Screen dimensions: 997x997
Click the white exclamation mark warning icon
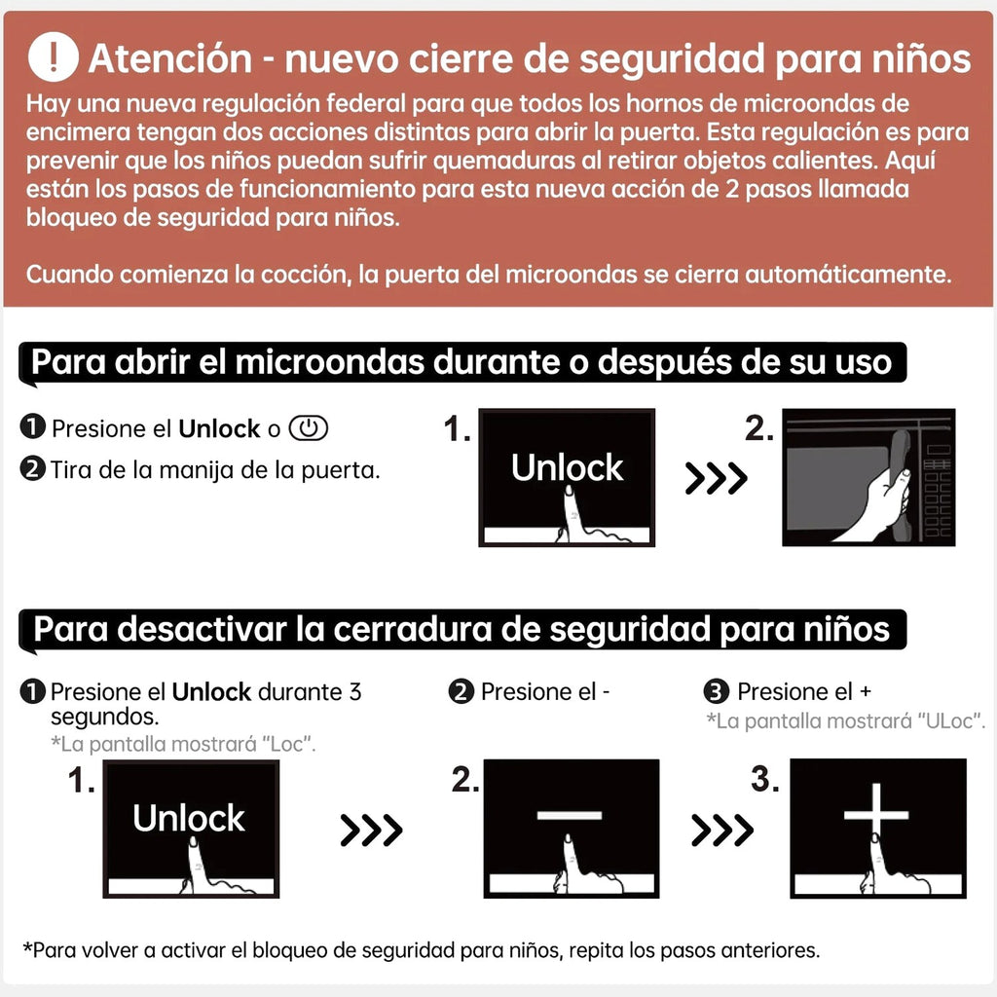pyautogui.click(x=54, y=57)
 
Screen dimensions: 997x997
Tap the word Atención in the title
pyautogui.click(x=169, y=59)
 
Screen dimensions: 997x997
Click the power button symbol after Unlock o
pyautogui.click(x=309, y=428)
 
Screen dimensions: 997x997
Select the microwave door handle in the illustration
pyautogui.click(x=901, y=484)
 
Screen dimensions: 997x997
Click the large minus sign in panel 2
pyautogui.click(x=570, y=815)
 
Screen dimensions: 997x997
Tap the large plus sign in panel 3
pyautogui.click(x=876, y=815)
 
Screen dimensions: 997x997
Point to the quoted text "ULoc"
pyautogui.click(x=950, y=721)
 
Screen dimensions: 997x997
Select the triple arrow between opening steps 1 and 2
pyautogui.click(x=717, y=478)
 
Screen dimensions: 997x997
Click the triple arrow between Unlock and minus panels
pyautogui.click(x=371, y=830)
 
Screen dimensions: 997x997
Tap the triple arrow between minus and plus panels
pyautogui.click(x=722, y=830)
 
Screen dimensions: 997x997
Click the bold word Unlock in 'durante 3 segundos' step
pyautogui.click(x=211, y=692)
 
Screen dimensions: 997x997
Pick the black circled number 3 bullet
pyautogui.click(x=717, y=691)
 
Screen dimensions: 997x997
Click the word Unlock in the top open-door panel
pyautogui.click(x=568, y=468)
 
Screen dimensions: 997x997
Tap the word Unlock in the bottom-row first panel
pyautogui.click(x=189, y=818)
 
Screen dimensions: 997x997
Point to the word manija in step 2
pyautogui.click(x=196, y=470)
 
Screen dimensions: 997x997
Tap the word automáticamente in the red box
pyautogui.click(x=848, y=275)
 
